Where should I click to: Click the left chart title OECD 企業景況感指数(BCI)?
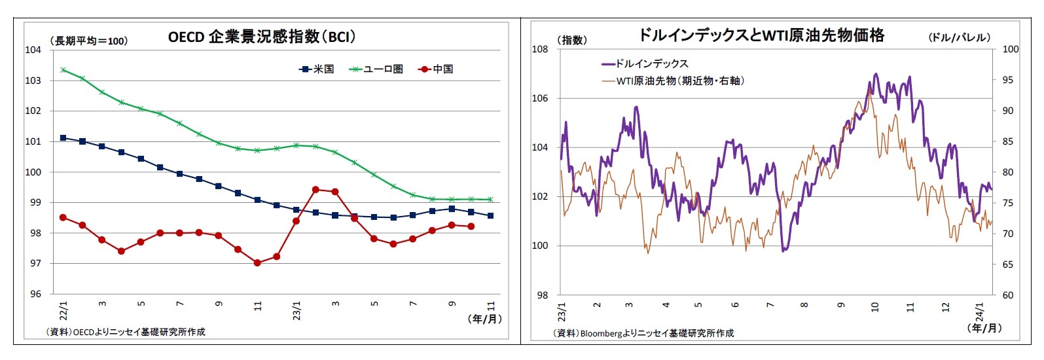262,37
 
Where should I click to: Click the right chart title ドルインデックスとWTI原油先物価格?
761,35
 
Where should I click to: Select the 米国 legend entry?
317,69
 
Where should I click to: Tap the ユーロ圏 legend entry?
376,69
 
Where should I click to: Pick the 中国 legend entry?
436,69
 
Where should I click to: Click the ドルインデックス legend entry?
645,63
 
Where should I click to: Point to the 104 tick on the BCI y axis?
33,50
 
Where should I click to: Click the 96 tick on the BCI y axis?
35,294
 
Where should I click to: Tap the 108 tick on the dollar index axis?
539,49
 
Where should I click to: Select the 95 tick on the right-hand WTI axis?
1007,80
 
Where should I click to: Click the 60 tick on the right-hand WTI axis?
1007,295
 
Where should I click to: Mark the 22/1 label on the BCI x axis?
63,309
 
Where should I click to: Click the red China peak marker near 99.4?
315,189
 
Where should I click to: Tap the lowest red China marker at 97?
257,262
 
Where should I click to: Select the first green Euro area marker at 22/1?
63,69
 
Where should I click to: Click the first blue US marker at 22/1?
63,138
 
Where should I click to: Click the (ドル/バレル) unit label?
960,37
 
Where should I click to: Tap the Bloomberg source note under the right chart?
643,333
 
